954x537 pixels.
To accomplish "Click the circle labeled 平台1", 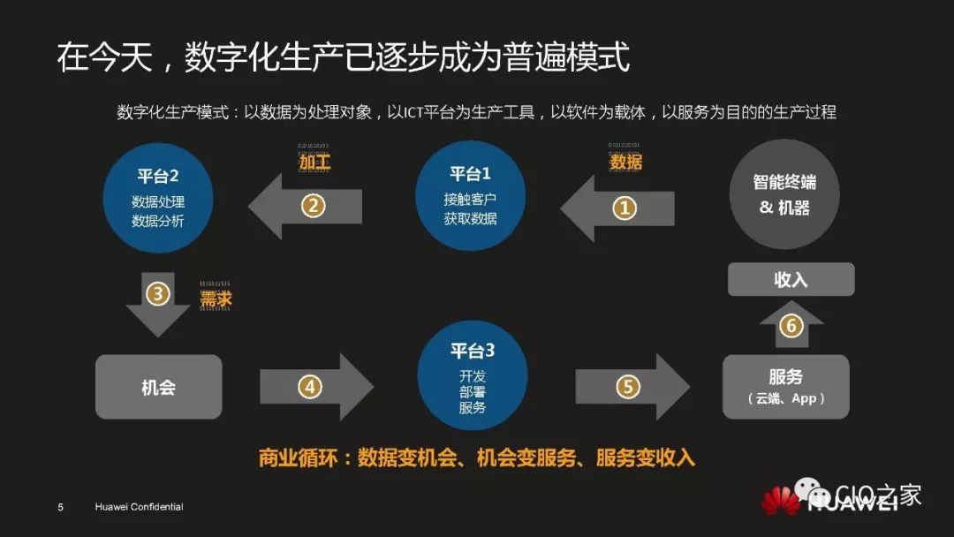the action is tap(470, 195).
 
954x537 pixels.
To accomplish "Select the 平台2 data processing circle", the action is tap(158, 197).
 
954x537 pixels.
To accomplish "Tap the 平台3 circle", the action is tap(472, 375).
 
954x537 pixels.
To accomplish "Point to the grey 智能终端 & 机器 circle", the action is tap(784, 195).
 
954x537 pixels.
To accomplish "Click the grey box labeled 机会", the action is tap(158, 387).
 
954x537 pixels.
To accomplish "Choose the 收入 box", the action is tap(791, 279).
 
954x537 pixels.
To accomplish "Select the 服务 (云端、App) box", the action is tap(785, 387).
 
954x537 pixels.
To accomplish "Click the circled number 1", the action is tap(625, 208).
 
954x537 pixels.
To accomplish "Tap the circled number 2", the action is tap(314, 206).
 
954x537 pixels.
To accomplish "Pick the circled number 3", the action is tap(157, 293).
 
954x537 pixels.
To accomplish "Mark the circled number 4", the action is tap(309, 387).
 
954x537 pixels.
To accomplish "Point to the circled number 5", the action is tap(626, 387).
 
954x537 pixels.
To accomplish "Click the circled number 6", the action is tap(791, 326).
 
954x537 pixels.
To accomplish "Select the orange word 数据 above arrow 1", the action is tap(625, 163).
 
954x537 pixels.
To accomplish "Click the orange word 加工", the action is tap(314, 163).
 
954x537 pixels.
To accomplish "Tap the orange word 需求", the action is tap(216, 300).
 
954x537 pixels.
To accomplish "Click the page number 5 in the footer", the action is tap(60, 507).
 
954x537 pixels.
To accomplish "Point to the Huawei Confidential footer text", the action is tap(139, 507).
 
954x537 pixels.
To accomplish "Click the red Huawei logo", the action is tap(780, 500).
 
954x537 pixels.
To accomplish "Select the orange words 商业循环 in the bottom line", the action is tap(298, 458).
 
